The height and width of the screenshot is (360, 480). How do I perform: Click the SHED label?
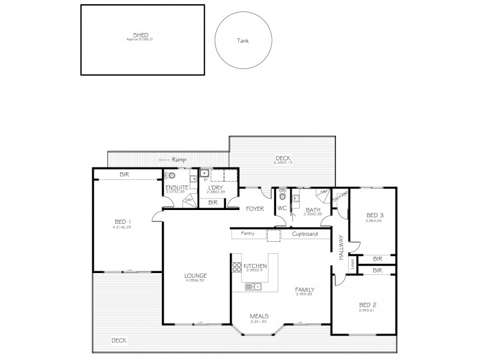tap(140, 35)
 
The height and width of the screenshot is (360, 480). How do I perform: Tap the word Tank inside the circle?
tap(243, 41)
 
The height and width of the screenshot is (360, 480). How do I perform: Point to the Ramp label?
tap(178, 160)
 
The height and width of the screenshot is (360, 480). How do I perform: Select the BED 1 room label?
tap(122, 221)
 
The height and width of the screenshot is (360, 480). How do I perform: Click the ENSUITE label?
tap(178, 188)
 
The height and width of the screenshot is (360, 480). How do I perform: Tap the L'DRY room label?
tap(215, 188)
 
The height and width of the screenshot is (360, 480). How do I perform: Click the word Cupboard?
tap(305, 233)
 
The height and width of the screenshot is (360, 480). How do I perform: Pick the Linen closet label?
tap(353, 263)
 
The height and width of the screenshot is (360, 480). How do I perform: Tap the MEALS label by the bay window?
tap(259, 316)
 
